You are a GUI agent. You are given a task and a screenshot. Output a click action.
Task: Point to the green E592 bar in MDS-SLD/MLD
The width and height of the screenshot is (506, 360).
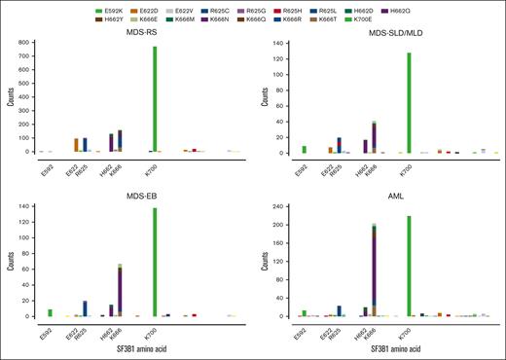click(x=305, y=149)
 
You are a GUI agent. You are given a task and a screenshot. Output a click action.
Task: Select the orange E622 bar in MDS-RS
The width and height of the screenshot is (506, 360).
click(x=76, y=145)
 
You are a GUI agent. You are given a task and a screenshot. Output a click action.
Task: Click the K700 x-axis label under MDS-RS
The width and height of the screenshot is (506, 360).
click(x=156, y=169)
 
